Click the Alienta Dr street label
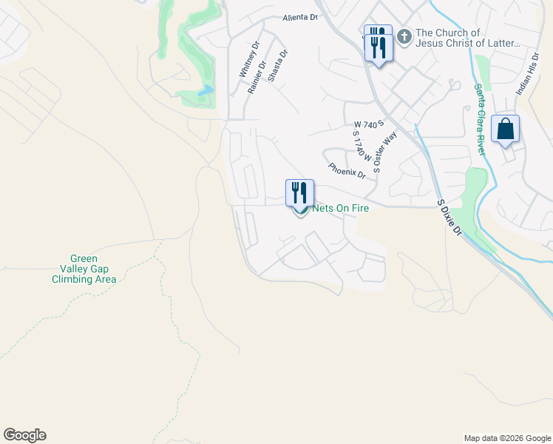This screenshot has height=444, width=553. coord(299,17)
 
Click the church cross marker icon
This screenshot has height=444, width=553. coord(404,36)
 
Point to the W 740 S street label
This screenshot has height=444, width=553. coord(370,125)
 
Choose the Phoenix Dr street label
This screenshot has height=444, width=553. coord(347,172)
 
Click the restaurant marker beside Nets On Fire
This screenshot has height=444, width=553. coord(300,193)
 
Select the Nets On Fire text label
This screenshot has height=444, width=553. coord(341,209)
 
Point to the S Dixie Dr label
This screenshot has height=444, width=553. coord(449,217)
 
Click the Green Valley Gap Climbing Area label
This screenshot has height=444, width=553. coord(84,269)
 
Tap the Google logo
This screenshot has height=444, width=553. coord(24,435)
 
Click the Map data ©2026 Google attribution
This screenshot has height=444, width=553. coord(506,438)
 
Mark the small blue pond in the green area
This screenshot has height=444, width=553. coord(205,90)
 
